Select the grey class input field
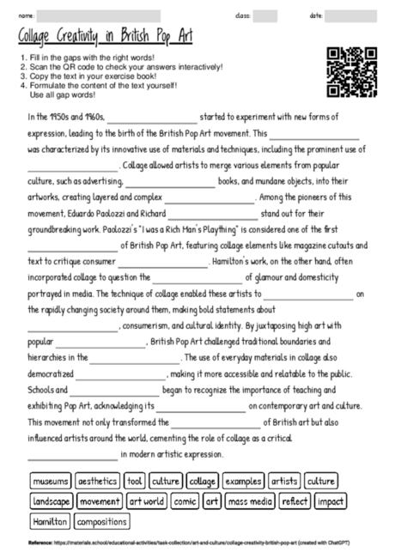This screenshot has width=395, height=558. click(x=265, y=15)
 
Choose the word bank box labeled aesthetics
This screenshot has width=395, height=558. click(x=98, y=481)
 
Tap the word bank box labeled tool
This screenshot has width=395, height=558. click(x=135, y=481)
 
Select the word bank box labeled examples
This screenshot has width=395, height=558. click(x=243, y=481)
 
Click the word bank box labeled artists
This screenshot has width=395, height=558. click(x=284, y=481)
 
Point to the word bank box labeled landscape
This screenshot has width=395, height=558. click(x=52, y=500)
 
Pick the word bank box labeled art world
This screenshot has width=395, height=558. click(x=147, y=500)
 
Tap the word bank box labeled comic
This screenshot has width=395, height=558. click(x=185, y=500)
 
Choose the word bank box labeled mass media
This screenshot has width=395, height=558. click(x=250, y=500)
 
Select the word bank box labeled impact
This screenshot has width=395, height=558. click(x=331, y=500)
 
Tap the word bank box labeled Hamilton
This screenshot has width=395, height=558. click(x=50, y=521)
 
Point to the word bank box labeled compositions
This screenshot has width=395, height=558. click(x=101, y=521)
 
